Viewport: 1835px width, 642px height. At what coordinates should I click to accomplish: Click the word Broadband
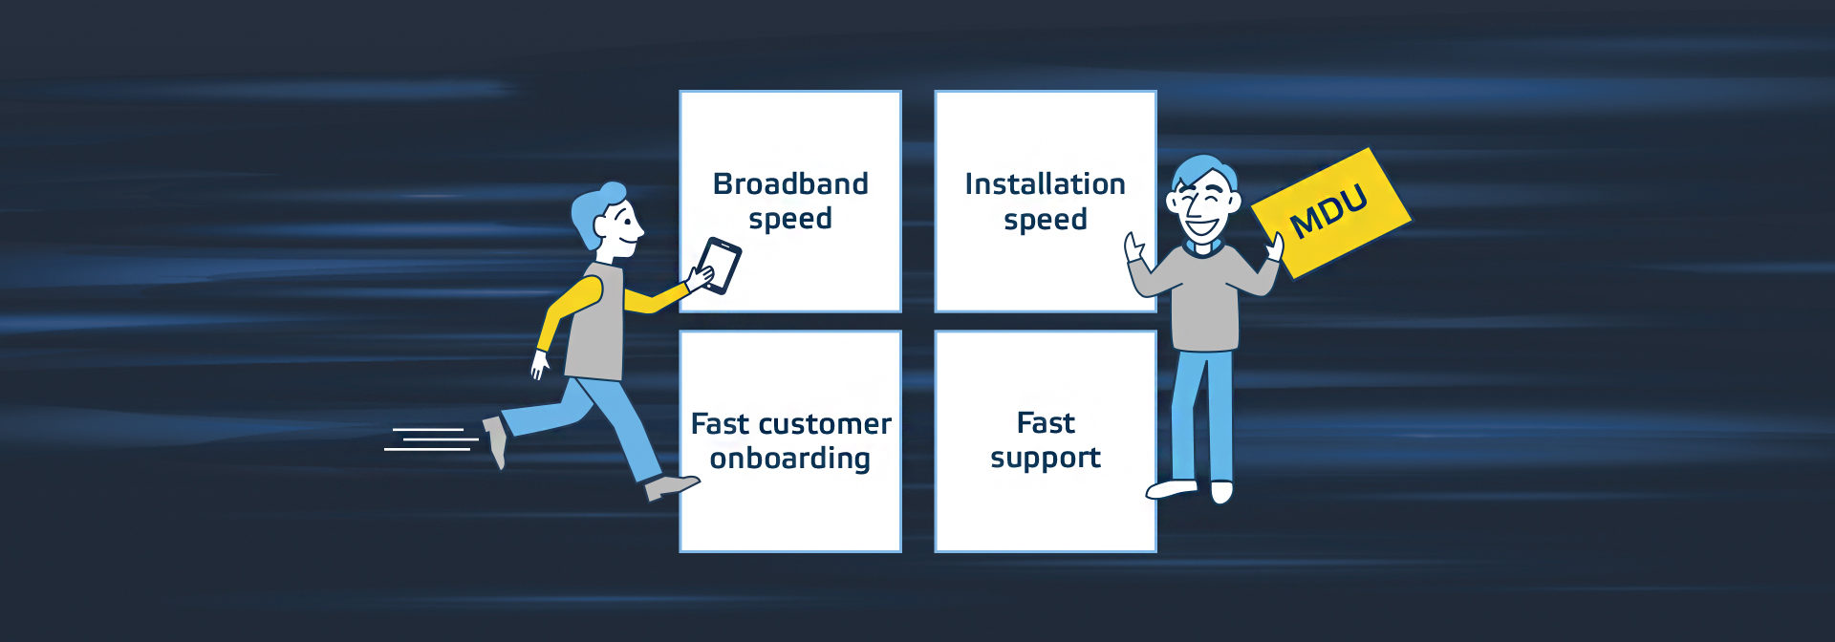790,183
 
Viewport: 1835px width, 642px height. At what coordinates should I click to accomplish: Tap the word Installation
1045,183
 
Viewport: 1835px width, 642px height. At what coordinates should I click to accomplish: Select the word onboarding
789,460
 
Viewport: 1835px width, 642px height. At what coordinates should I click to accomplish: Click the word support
1045,459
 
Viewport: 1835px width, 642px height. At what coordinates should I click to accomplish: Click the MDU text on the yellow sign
1328,211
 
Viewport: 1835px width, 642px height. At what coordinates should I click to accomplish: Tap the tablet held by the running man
718,266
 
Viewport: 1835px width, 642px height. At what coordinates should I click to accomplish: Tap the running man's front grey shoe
671,487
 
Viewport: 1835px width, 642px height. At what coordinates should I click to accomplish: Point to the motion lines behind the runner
431,439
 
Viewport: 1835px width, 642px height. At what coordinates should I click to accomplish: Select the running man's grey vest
595,322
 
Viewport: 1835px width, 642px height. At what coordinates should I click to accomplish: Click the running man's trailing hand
540,364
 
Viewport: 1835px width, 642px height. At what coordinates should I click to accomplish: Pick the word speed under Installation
1045,221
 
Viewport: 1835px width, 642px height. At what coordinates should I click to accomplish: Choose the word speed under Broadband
790,220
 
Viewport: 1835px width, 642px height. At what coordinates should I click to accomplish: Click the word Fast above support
1046,422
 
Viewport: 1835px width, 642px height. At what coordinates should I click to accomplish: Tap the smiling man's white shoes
1190,491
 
